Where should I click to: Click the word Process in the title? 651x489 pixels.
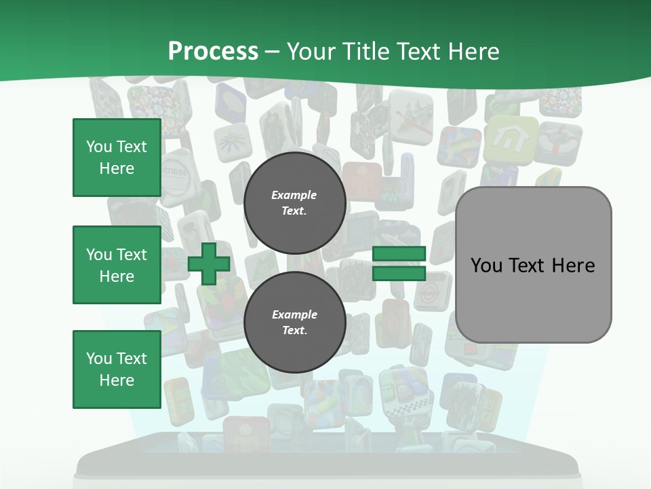(x=213, y=52)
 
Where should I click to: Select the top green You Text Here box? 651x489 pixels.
(x=117, y=158)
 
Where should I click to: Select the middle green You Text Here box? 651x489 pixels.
(x=117, y=265)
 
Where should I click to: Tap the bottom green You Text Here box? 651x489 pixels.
(x=117, y=369)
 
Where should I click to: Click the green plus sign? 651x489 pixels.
(x=209, y=264)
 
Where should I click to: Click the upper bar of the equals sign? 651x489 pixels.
(x=399, y=254)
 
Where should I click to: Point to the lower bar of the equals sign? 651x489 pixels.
(x=399, y=273)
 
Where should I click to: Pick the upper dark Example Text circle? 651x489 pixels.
(x=294, y=202)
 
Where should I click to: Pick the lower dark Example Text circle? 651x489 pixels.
(x=294, y=322)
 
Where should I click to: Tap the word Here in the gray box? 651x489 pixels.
(x=573, y=266)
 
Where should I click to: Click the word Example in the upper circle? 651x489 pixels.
(x=294, y=195)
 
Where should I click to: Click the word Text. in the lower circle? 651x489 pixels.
(x=294, y=330)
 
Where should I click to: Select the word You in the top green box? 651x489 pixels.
(x=99, y=147)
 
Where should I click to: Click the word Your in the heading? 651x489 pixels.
(x=312, y=52)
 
